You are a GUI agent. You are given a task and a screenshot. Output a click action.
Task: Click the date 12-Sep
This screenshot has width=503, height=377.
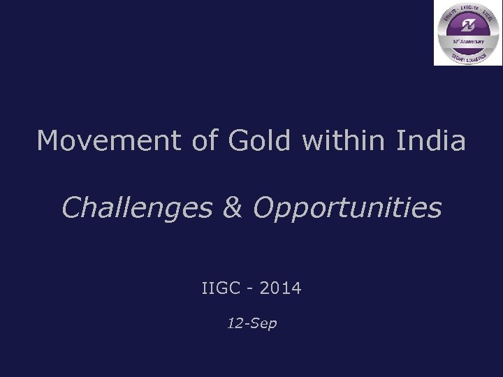click(251, 324)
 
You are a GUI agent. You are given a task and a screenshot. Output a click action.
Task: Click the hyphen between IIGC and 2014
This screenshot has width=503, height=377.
click(253, 288)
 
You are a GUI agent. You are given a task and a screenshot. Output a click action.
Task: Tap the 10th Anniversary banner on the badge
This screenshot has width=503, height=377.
click(467, 41)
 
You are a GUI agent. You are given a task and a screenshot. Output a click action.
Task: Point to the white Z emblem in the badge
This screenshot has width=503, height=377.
click(467, 27)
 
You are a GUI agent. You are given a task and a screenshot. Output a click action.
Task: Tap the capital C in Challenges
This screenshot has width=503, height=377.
click(71, 207)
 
